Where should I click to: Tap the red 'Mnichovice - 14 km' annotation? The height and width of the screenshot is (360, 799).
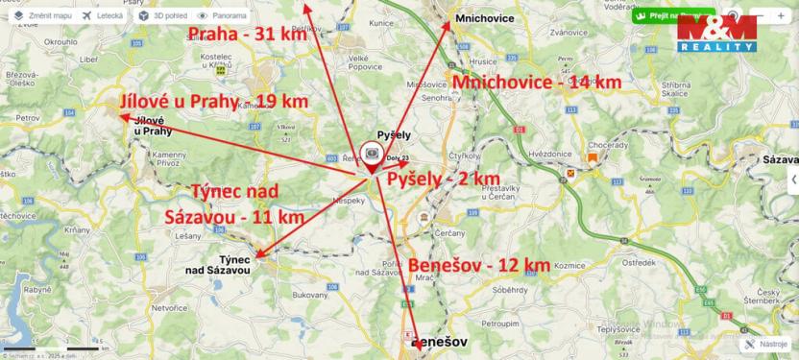(x=535, y=83)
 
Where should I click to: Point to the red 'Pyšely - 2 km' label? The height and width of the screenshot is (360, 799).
(x=444, y=179)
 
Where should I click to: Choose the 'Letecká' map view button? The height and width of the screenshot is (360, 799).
(x=103, y=16)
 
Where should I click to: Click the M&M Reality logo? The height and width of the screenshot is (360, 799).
(x=715, y=35)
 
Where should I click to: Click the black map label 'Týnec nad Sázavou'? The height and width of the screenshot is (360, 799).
(x=222, y=266)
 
